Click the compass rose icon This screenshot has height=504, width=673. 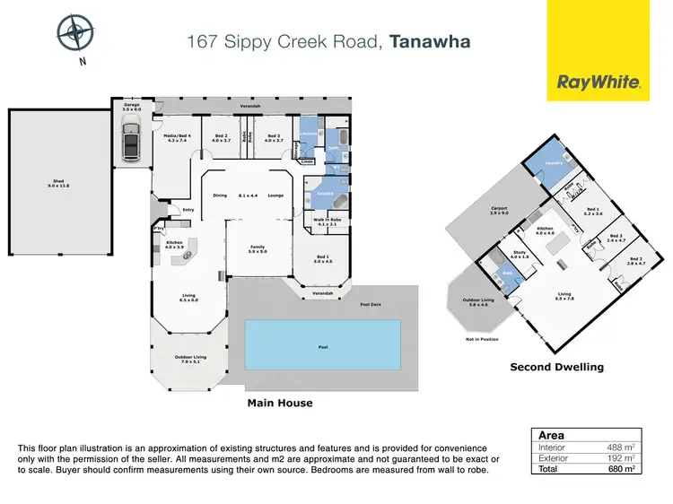[74, 32]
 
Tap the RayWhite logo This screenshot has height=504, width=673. [599, 83]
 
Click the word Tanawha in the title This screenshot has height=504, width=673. [430, 40]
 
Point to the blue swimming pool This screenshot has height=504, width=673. [322, 344]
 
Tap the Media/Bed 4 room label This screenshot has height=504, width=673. [175, 137]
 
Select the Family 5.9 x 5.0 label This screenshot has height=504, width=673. [258, 249]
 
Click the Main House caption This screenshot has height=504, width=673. [279, 404]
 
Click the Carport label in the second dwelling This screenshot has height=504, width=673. [500, 211]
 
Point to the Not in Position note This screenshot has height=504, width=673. [482, 340]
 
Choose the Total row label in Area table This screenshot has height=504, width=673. [548, 468]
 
